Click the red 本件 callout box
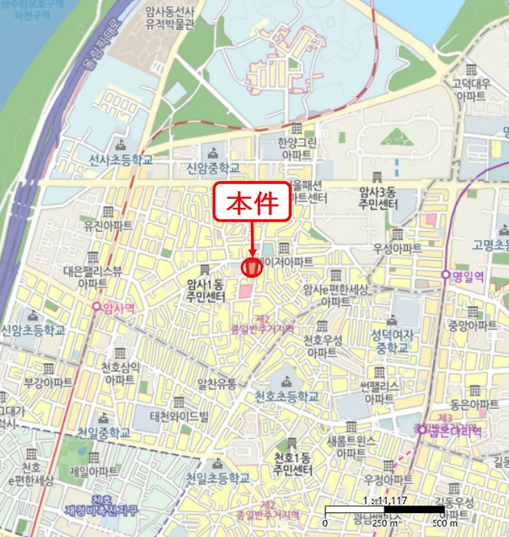tap(252, 204)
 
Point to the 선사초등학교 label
tap(121, 160)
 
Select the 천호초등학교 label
tap(286, 397)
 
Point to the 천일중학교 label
tap(104, 432)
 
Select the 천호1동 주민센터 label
tap(292, 463)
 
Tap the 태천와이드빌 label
tap(179, 417)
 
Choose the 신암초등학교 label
tap(33, 330)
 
